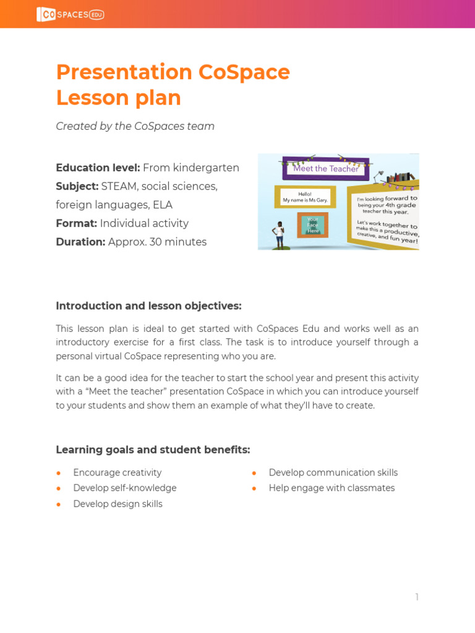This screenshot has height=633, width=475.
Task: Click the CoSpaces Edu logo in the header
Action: (x=70, y=14)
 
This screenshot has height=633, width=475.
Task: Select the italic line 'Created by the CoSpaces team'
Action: (x=135, y=126)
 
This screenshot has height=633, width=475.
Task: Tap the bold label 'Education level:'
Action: (x=98, y=168)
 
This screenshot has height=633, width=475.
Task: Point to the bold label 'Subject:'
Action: (x=77, y=186)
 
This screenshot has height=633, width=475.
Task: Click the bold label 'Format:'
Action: (x=76, y=223)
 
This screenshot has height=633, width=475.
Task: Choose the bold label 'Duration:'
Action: (x=80, y=242)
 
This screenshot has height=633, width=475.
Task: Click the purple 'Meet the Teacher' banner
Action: (x=325, y=168)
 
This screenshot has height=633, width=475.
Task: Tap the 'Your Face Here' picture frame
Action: (x=312, y=224)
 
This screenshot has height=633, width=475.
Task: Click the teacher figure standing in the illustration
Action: (x=280, y=236)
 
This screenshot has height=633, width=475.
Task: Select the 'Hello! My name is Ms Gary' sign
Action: (x=305, y=197)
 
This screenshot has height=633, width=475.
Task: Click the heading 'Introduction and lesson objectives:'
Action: (x=148, y=306)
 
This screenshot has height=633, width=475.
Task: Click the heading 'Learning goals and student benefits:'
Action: (x=153, y=449)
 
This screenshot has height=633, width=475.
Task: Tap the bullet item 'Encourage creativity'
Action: (x=117, y=472)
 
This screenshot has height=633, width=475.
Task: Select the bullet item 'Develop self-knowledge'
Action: (x=124, y=488)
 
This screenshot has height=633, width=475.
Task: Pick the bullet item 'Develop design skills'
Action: (x=118, y=504)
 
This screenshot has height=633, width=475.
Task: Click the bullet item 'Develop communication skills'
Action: (x=333, y=472)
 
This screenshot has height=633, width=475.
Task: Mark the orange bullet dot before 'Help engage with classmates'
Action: (x=254, y=488)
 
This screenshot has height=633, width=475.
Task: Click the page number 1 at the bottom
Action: (x=417, y=597)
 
